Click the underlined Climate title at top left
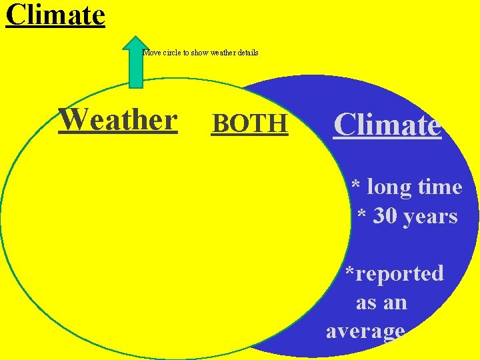point(55,15)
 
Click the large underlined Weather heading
point(118,120)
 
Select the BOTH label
point(250,123)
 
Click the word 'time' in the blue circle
point(440,187)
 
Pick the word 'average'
point(365,331)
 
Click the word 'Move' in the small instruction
point(152,53)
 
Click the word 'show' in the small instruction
point(199,53)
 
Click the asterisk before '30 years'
point(362,215)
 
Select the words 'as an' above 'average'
point(381,303)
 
